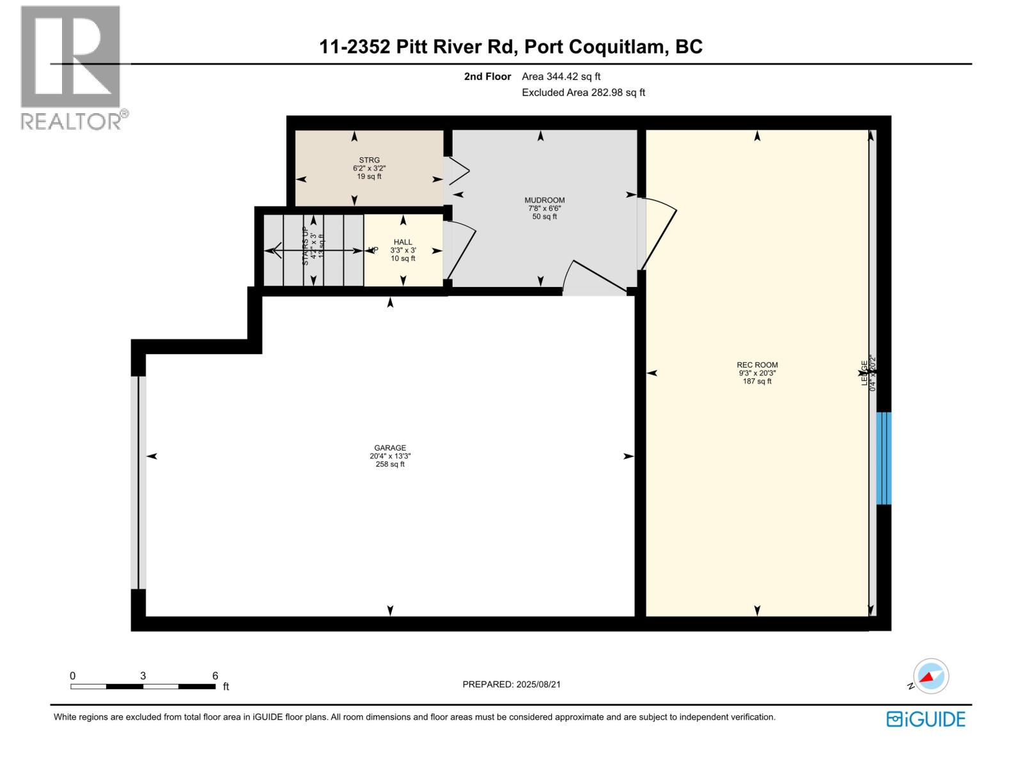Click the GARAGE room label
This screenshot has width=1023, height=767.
390,448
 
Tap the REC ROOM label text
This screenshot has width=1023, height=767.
757,365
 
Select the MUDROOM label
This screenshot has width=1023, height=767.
544,200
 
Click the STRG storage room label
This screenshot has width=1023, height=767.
369,160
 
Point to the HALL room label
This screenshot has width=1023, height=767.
403,242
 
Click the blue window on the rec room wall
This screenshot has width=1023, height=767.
883,458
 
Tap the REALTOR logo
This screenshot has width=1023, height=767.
72,67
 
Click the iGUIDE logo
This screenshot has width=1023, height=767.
926,719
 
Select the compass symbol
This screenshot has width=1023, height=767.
931,676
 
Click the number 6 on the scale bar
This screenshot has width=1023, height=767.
215,676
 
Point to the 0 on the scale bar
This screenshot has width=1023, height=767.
73,676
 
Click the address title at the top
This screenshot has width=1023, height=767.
511,47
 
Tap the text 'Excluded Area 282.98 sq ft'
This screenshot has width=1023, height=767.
583,93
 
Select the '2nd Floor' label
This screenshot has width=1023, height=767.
487,77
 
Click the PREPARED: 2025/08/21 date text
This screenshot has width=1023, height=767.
511,684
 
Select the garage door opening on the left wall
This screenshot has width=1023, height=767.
138,483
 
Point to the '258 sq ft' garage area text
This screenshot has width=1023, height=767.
390,465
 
